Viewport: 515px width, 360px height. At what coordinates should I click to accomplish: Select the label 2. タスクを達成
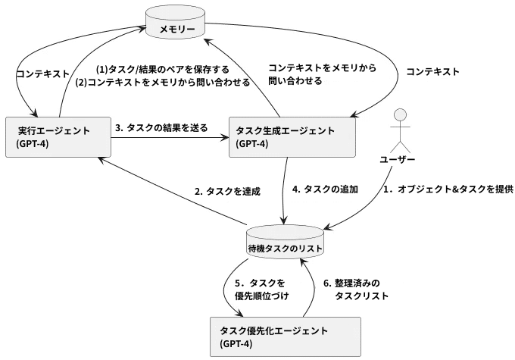227,192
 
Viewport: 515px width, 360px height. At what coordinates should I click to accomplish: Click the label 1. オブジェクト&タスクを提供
442,189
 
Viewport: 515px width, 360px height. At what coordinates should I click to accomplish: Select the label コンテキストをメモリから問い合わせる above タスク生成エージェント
322,73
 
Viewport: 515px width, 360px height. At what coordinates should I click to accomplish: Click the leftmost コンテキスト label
42,74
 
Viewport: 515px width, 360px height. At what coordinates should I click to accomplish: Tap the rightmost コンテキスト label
432,72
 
